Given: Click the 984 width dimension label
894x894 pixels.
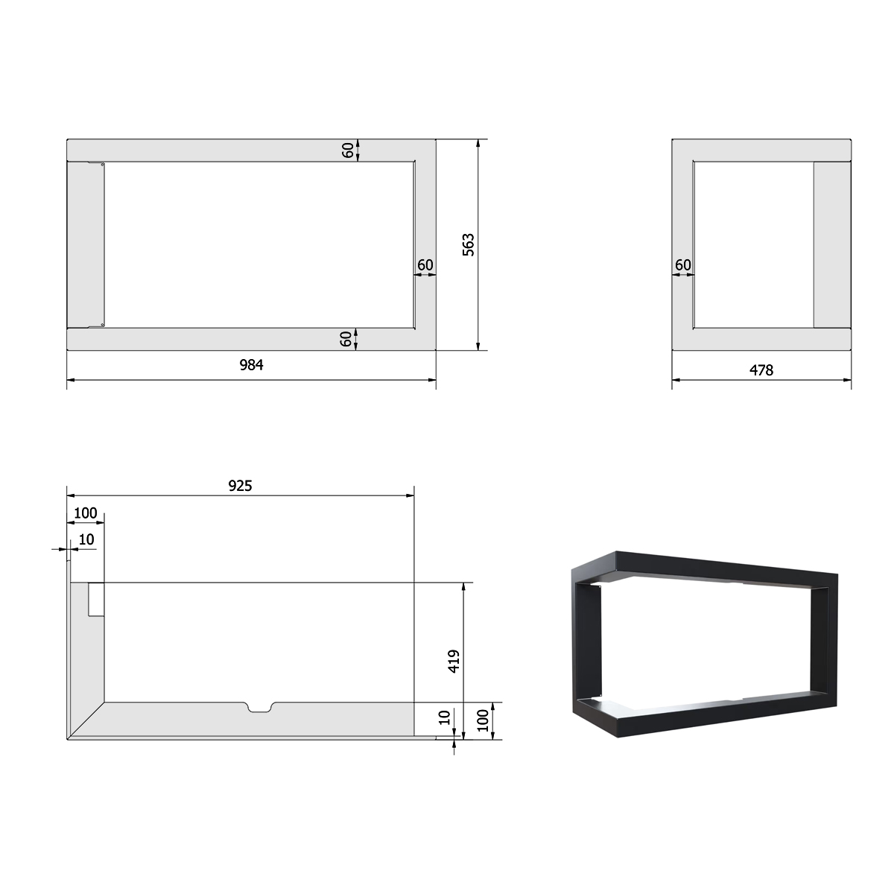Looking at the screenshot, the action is (x=252, y=365).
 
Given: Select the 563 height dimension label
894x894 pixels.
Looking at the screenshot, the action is (x=469, y=244).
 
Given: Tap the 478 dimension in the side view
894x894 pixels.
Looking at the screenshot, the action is (x=761, y=370).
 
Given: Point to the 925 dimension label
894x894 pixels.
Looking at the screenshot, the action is (x=240, y=486).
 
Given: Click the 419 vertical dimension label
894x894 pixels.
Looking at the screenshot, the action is (x=454, y=661).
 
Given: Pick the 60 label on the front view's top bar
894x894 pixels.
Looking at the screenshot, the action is (x=348, y=150).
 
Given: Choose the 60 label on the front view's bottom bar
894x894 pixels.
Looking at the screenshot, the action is (x=346, y=339).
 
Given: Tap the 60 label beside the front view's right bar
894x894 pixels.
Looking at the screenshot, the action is (x=425, y=265).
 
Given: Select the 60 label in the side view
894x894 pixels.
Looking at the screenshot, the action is (x=683, y=265).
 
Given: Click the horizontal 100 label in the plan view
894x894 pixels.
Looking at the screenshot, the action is (x=86, y=513).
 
